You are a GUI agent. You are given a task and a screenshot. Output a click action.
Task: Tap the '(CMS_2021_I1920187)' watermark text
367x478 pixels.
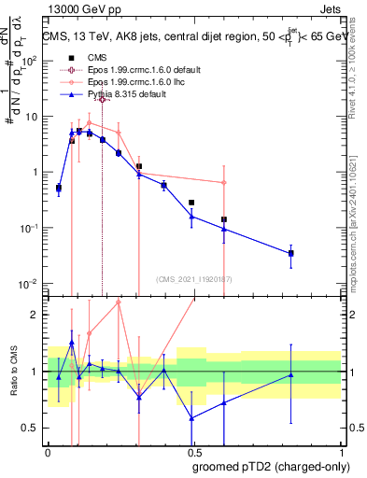click(192, 279)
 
